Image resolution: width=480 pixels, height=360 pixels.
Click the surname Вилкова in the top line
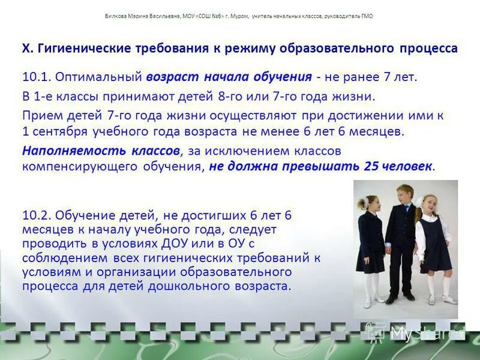(x=113, y=16)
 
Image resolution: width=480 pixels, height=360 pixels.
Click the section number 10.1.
(x=36, y=77)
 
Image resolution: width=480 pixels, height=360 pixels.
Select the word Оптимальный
(x=98, y=77)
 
